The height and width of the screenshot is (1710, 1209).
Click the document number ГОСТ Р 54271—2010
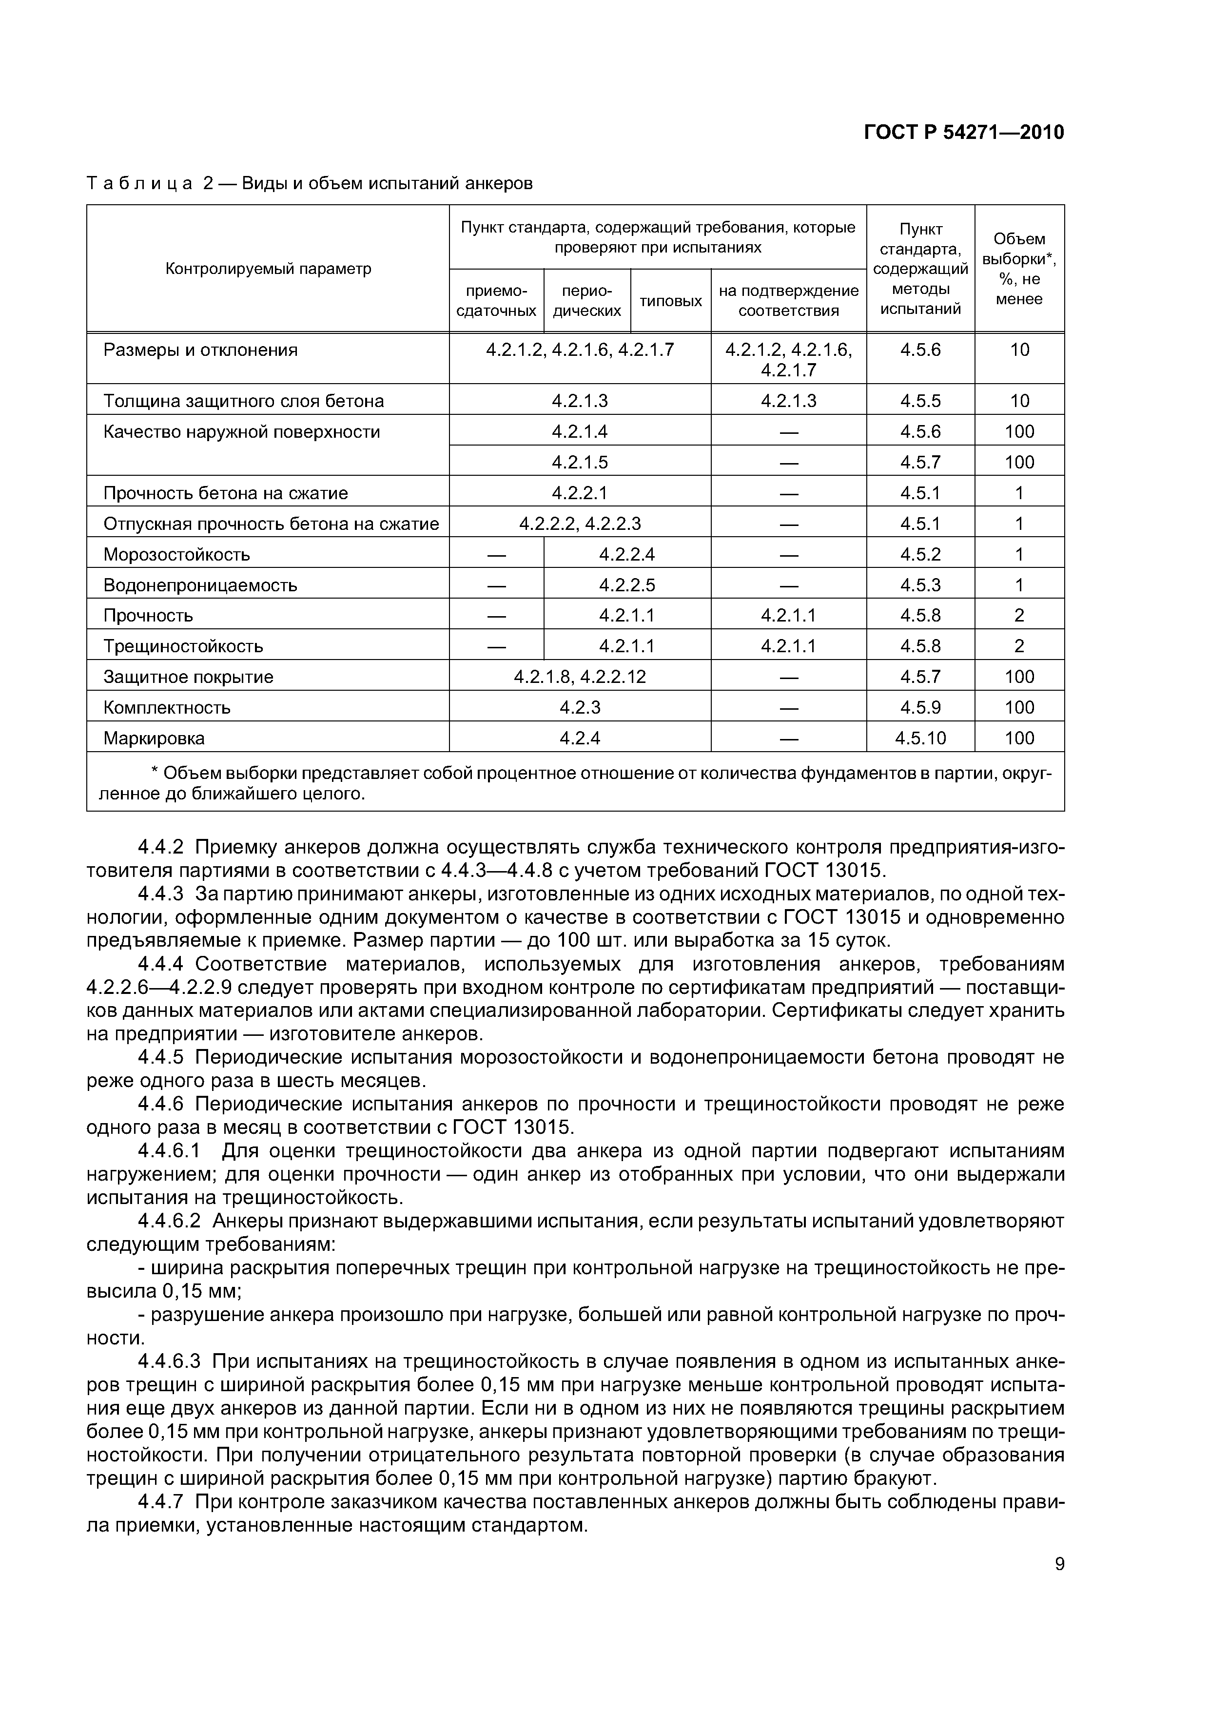(963, 133)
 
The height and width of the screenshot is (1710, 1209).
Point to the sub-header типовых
(670, 301)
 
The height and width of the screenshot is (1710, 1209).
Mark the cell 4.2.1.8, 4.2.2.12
(580, 676)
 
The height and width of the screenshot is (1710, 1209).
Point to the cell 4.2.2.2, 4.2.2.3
(580, 524)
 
